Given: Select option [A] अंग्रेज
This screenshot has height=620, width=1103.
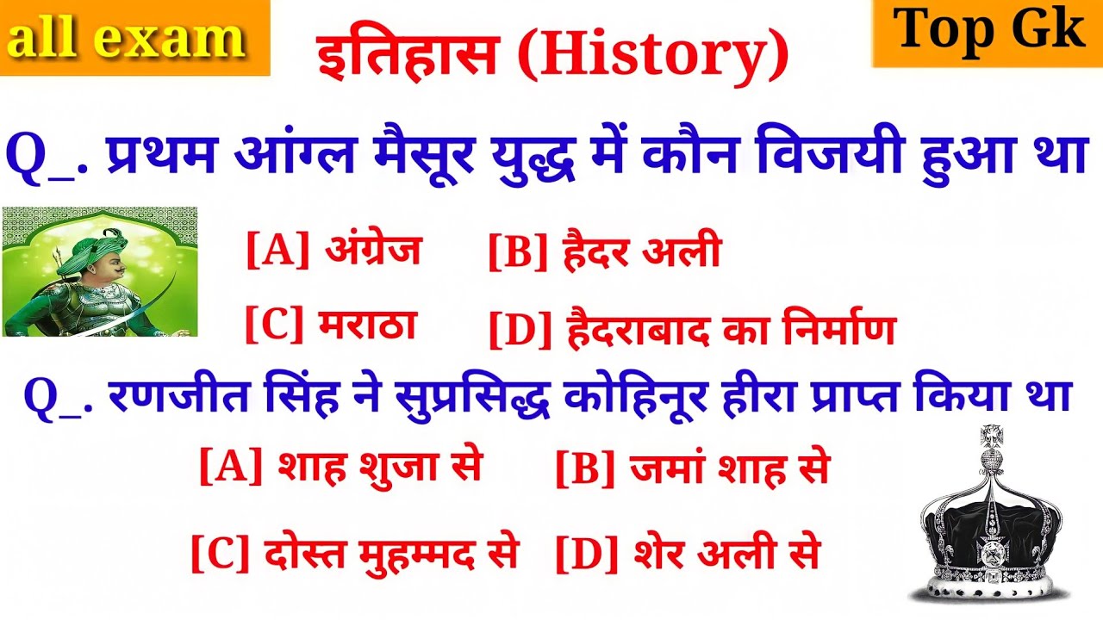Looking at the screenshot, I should pyautogui.click(x=334, y=252).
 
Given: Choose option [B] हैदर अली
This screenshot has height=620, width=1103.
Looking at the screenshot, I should pyautogui.click(x=604, y=254).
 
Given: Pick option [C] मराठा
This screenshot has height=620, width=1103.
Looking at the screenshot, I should pyautogui.click(x=331, y=326).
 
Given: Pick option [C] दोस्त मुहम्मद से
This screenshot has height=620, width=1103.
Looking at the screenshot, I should pyautogui.click(x=354, y=553).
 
